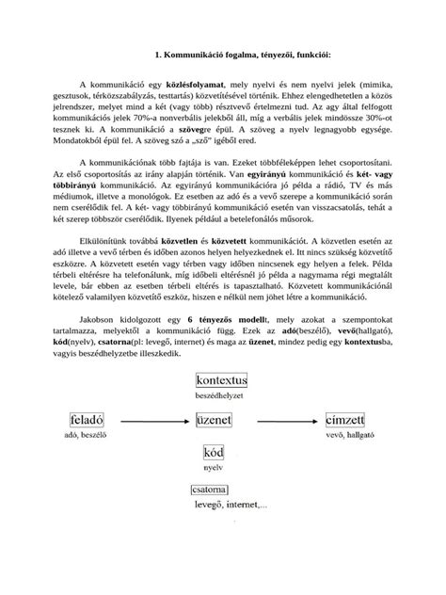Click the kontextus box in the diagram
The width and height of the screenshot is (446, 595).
(222, 380)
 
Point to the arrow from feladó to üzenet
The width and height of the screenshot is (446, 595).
(150, 419)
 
